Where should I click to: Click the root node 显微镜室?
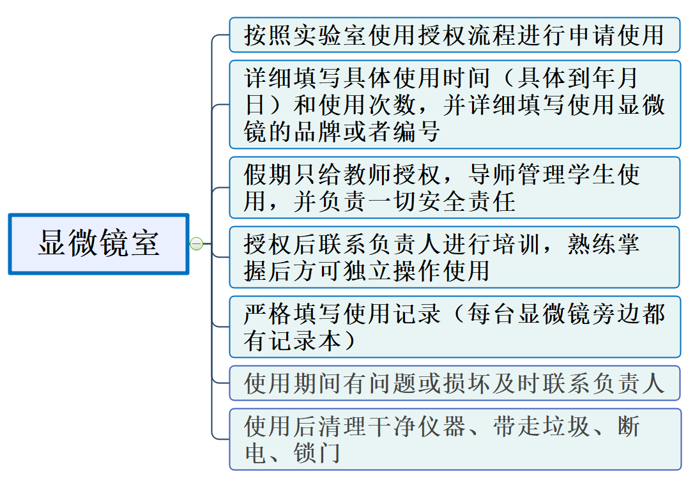coord(98,244)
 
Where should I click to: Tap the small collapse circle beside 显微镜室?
coord(197,243)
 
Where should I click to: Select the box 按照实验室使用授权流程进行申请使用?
coord(454,35)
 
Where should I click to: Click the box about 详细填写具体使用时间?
coord(454,105)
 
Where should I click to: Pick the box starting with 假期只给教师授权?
coord(454,188)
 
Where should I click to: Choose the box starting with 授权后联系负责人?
coord(454,258)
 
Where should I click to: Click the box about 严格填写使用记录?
coord(454,327)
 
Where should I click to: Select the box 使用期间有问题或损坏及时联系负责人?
coord(454,383)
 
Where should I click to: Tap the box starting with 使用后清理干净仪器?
coord(454,440)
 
